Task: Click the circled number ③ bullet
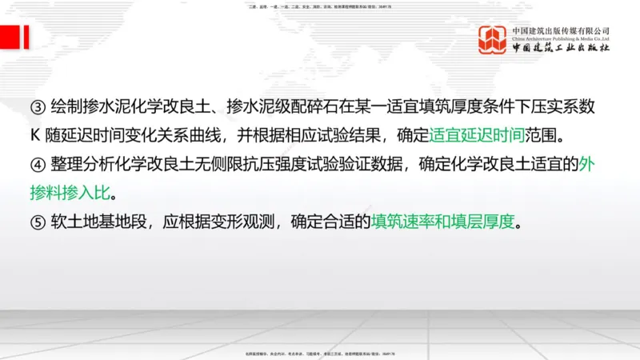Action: pos(38,108)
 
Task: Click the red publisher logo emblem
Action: pos(493,40)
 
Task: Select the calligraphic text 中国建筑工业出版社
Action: pos(561,49)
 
